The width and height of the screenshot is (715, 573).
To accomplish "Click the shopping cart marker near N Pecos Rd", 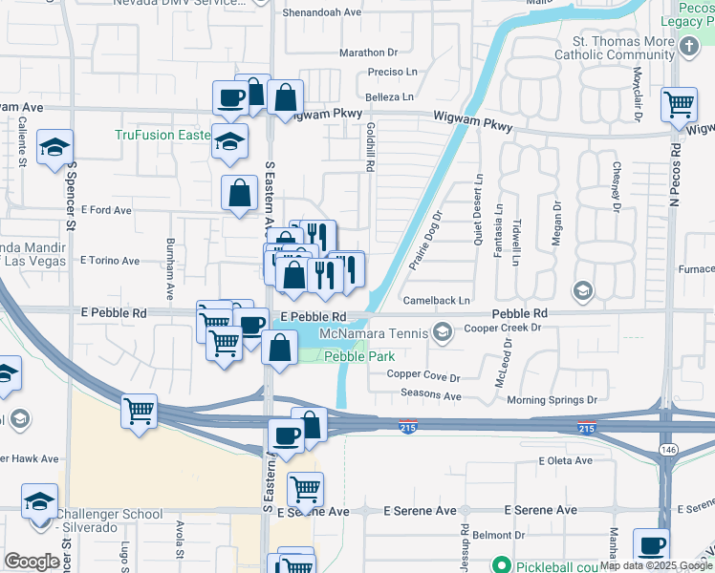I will click(679, 103).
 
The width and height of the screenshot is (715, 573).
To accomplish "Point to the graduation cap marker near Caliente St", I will click(54, 147).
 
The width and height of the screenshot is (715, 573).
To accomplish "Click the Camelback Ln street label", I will click(438, 300).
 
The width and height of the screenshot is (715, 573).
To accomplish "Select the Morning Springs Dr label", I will click(552, 400).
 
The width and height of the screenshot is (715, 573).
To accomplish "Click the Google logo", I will click(32, 562).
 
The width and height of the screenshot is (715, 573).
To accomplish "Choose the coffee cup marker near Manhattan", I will click(652, 545).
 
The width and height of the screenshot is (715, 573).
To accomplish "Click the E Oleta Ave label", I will click(566, 461).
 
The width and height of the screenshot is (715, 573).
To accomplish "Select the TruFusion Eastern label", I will click(162, 135).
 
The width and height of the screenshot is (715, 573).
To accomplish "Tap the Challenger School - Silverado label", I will click(110, 520).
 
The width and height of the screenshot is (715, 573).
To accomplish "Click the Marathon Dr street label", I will click(368, 53).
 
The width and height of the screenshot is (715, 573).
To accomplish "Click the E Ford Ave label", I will click(105, 210).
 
